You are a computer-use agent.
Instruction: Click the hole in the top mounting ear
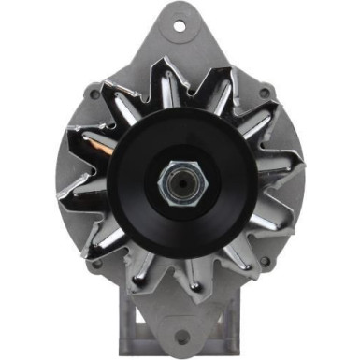tap(180, 25)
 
